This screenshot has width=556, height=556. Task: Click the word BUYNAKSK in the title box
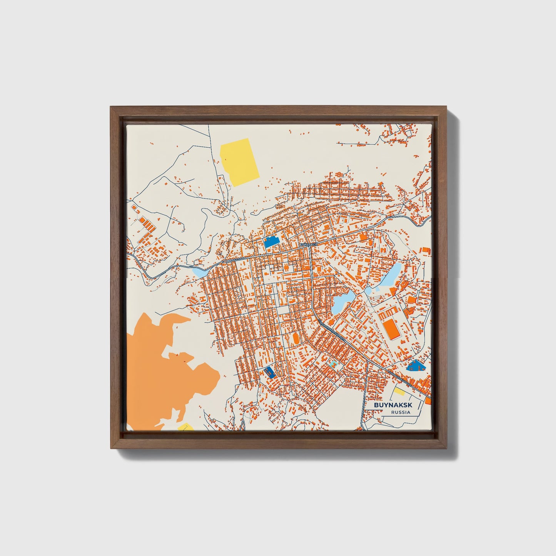(390, 405)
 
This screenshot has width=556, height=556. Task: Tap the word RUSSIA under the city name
(400, 412)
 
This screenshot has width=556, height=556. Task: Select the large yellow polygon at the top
(240, 162)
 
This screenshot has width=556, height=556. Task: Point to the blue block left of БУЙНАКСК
(271, 242)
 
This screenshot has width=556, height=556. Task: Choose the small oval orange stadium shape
(296, 339)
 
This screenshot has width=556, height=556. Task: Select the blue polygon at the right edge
(416, 365)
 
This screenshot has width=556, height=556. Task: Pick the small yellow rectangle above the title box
(398, 392)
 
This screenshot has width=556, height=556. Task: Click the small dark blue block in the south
(269, 372)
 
